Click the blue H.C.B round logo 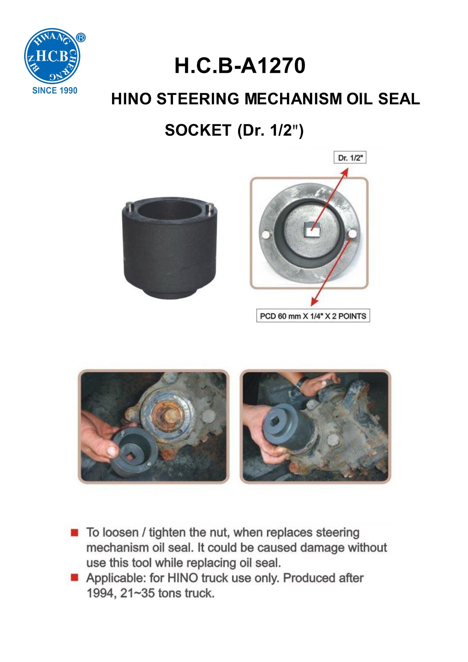[x=52, y=56]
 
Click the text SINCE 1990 [x=55, y=91]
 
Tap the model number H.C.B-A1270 [x=240, y=66]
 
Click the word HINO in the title [x=131, y=99]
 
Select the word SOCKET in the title [x=198, y=131]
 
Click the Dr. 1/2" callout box [x=350, y=158]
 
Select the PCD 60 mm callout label [x=313, y=316]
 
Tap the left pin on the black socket [x=129, y=206]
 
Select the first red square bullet [x=74, y=533]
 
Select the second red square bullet [x=74, y=578]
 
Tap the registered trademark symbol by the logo [x=81, y=38]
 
